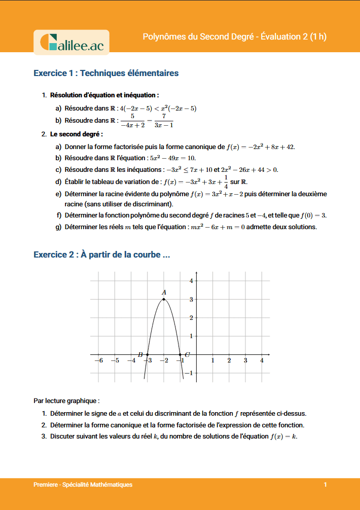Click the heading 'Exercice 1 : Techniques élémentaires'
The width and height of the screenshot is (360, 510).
106,73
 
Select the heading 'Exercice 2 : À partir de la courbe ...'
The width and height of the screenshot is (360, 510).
101,254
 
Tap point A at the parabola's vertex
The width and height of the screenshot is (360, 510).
164,299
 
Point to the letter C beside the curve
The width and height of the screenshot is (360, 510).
187,354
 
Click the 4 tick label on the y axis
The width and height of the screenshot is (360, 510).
191,281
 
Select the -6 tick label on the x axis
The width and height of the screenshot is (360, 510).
99,360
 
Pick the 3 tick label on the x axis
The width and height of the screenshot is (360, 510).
245,360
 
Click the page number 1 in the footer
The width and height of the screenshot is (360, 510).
326,485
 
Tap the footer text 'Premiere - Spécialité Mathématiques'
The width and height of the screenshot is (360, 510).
83,485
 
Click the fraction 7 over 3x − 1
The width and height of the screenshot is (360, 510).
164,121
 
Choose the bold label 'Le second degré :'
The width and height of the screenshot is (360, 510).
77,134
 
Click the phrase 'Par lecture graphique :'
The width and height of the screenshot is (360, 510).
63,400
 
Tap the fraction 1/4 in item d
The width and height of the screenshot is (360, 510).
226,181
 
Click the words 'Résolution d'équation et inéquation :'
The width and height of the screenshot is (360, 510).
104,95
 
